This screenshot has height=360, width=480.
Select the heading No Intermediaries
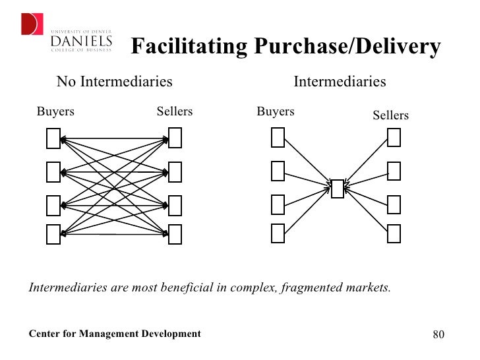[114, 82]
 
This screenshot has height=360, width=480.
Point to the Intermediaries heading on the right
[339, 82]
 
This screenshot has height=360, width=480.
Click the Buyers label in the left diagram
[55, 111]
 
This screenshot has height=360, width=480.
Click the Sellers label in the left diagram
[174, 111]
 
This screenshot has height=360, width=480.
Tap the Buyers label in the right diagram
[275, 111]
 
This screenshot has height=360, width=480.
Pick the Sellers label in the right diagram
[390, 115]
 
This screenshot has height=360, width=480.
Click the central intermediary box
[337, 189]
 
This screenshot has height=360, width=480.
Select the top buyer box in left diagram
[53, 138]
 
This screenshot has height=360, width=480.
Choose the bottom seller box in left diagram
[175, 234]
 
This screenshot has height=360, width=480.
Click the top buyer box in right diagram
[278, 137]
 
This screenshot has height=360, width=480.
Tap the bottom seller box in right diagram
[394, 233]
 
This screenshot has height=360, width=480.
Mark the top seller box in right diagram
[394, 137]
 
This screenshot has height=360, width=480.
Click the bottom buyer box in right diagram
[278, 233]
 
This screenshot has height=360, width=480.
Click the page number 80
[439, 334]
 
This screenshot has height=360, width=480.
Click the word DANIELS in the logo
[81, 42]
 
